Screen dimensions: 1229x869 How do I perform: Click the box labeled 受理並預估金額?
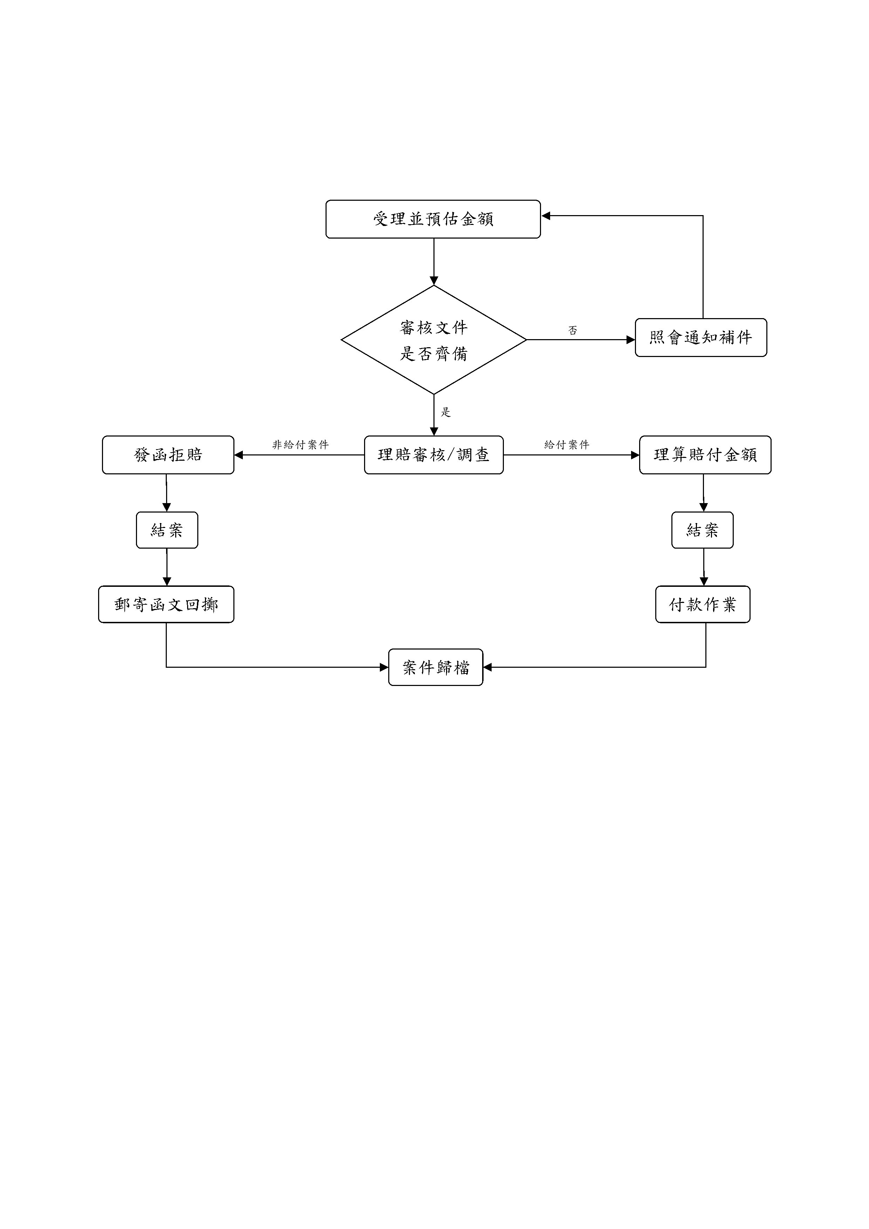click(433, 219)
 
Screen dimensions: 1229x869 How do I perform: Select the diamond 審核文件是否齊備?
click(433, 340)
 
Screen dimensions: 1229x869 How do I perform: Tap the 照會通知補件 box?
click(700, 337)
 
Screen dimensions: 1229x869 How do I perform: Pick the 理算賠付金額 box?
click(705, 455)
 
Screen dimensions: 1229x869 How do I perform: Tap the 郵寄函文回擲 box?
click(166, 604)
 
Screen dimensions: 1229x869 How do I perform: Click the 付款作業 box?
click(703, 604)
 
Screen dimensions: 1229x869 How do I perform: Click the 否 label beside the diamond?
click(572, 330)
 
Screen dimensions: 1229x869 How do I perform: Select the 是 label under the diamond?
click(445, 412)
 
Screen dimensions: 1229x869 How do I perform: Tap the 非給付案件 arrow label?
click(300, 444)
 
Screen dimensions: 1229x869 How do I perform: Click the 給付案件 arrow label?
click(567, 444)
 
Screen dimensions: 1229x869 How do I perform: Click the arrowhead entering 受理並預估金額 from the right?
click(546, 216)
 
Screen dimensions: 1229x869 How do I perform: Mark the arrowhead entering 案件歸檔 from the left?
click(384, 667)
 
